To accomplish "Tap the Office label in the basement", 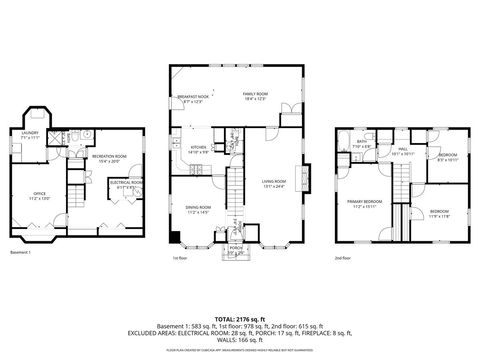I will click(39, 196).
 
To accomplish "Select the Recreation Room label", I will click(109, 158).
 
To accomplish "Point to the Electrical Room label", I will click(126, 183).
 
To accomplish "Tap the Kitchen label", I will click(198, 149).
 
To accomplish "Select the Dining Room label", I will click(198, 210).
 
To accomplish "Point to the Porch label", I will click(236, 250).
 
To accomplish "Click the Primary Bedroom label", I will click(361, 204).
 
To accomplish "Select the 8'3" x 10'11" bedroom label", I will click(447, 157).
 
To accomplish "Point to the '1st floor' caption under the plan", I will click(180, 257).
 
